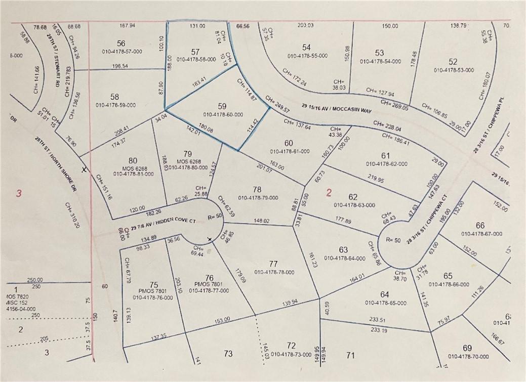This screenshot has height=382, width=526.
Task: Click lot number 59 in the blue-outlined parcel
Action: tap(222, 107)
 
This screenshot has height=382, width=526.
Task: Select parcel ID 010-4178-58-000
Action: tap(195, 59)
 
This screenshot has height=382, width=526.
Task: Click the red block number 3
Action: tap(19, 193)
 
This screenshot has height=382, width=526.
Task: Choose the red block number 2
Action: tap(329, 192)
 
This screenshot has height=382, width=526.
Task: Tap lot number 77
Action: tap(273, 264)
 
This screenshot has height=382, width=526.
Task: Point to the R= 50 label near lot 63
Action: tap(393, 240)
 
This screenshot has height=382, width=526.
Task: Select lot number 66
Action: tap(480, 225)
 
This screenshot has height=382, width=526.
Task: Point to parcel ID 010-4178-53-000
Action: tap(453, 70)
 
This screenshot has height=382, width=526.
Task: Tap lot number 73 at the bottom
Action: tap(228, 354)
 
